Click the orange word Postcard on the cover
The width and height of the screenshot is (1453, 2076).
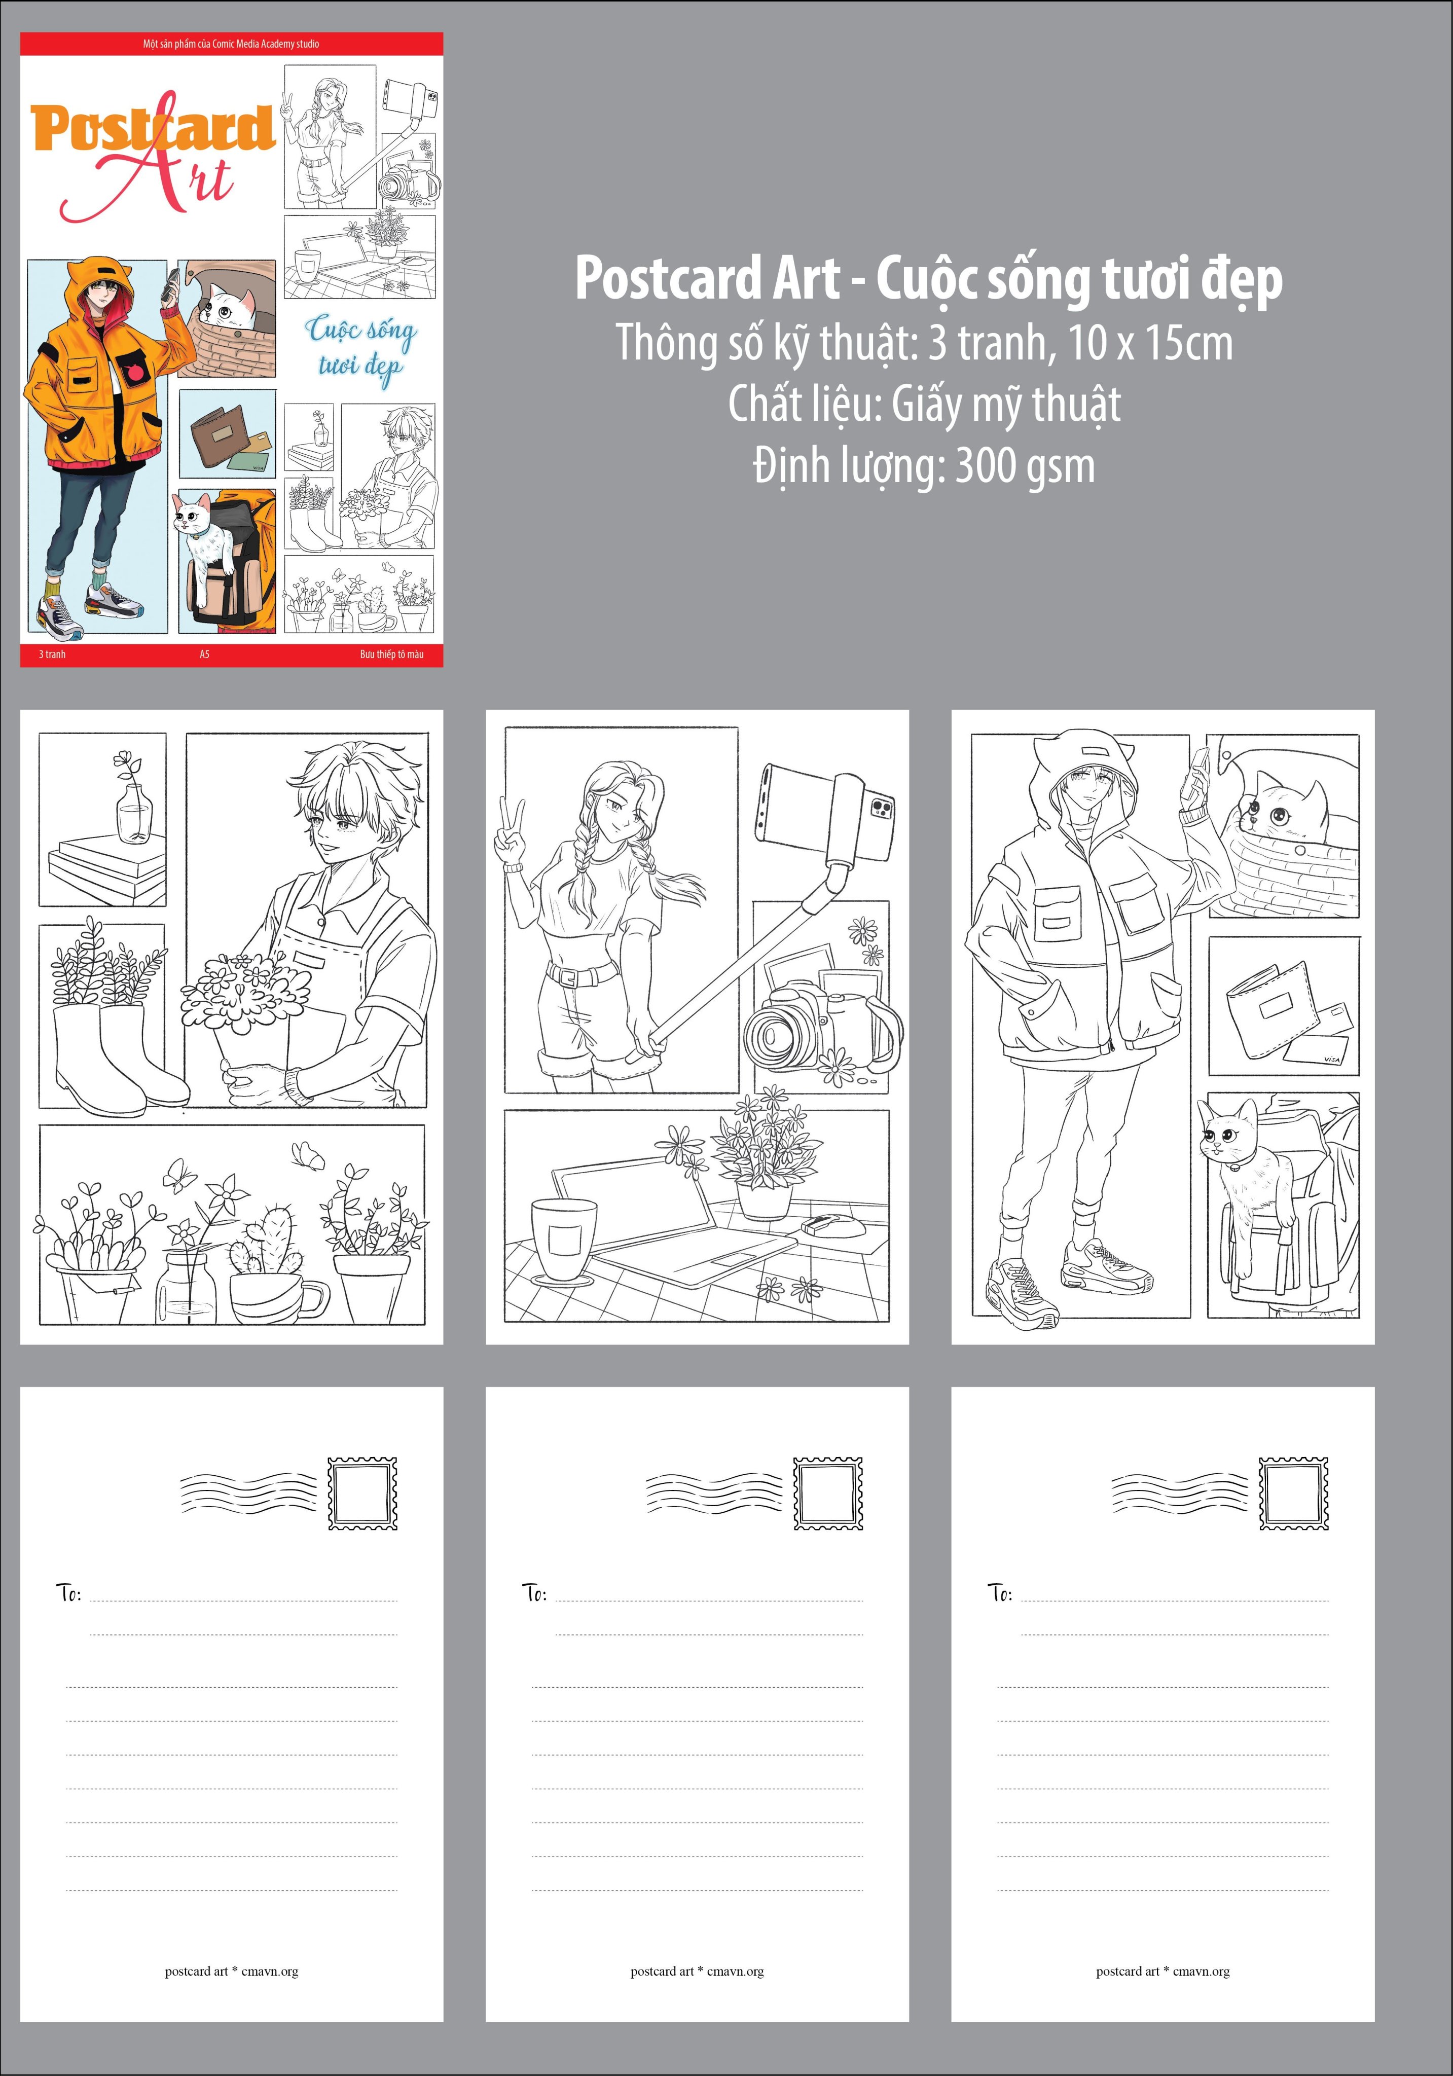(152, 128)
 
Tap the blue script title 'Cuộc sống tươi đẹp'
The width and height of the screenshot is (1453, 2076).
(360, 349)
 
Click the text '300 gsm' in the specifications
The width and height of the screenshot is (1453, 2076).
(1025, 466)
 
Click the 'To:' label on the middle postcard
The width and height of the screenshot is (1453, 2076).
(534, 1593)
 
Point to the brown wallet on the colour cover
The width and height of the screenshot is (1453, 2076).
(217, 436)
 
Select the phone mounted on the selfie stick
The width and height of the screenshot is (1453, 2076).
(825, 812)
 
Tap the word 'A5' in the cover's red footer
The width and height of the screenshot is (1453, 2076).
(204, 653)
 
